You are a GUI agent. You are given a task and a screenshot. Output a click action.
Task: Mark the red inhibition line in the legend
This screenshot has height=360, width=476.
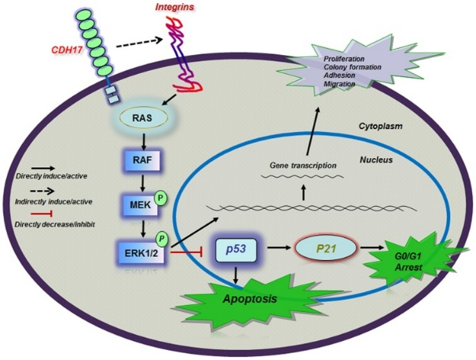coord(34,214)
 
